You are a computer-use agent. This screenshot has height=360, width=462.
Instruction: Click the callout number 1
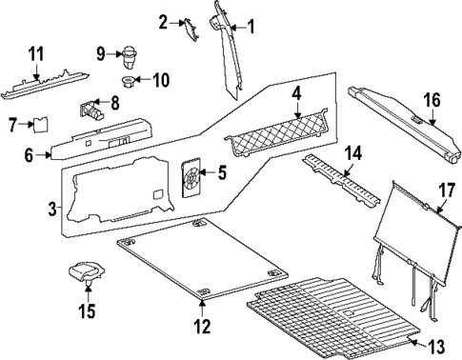[x=251, y=27]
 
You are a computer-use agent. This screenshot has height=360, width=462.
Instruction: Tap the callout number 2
[x=164, y=21]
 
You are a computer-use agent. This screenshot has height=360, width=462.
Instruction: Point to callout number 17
[x=445, y=189]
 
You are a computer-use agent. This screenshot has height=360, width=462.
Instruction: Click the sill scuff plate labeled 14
[x=339, y=177]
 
